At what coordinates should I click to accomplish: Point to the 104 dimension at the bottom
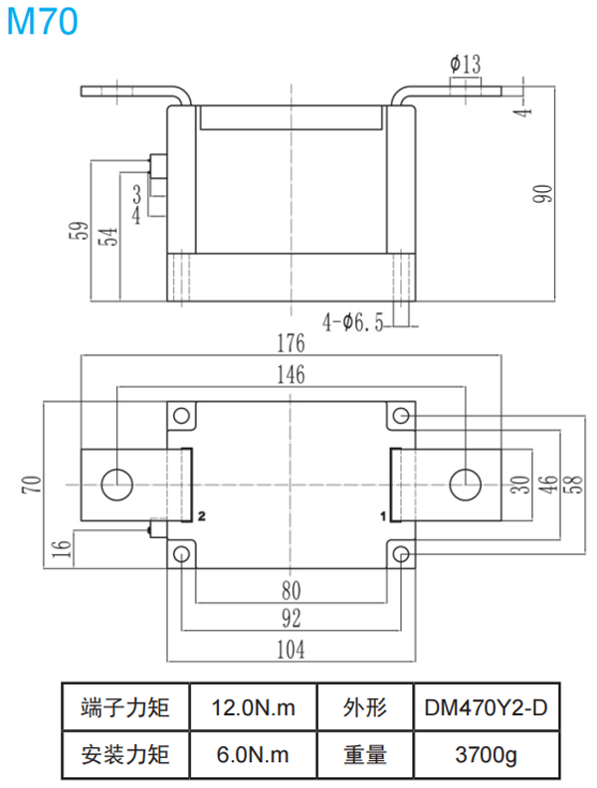(x=290, y=650)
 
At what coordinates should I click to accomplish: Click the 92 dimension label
(x=290, y=619)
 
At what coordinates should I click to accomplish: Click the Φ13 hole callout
(x=465, y=65)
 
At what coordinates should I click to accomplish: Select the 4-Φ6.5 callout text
(x=353, y=322)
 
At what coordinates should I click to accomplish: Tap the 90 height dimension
(x=543, y=193)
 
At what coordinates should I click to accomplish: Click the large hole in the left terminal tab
(x=117, y=485)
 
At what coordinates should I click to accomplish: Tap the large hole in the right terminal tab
(x=465, y=485)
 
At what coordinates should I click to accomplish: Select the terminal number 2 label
(x=201, y=517)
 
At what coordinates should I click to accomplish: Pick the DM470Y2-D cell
(x=487, y=707)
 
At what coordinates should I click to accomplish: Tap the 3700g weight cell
(x=487, y=755)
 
